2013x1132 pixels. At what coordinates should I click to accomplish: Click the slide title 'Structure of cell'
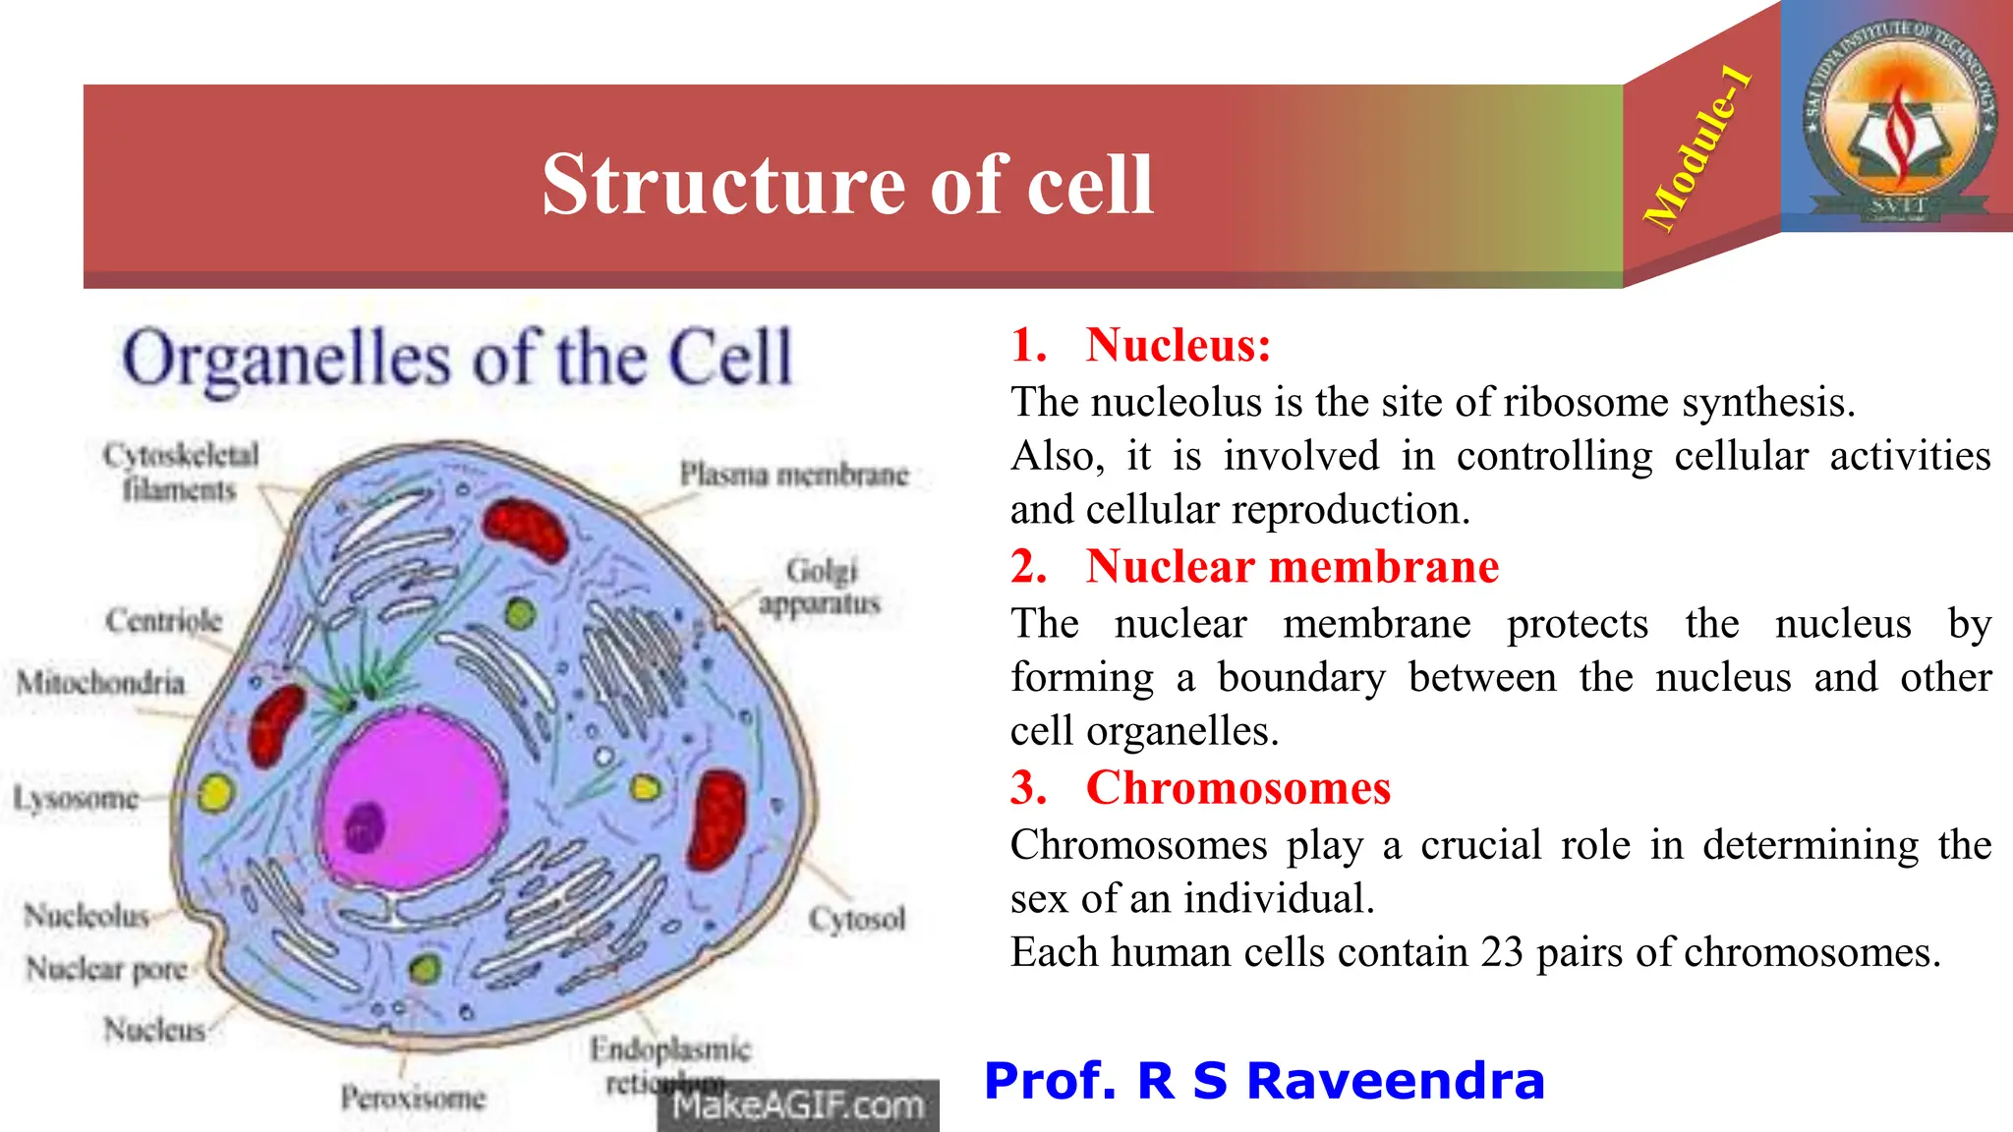coord(847,185)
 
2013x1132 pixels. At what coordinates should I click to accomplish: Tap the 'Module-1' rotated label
coord(1697,147)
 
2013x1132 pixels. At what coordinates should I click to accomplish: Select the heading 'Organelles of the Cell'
coord(457,359)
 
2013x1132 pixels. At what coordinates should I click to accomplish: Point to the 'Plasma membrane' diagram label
coord(794,475)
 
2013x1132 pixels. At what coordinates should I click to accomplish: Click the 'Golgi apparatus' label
coord(821,587)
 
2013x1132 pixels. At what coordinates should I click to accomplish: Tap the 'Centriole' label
coord(164,621)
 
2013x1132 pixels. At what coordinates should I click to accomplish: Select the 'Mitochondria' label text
coord(101,682)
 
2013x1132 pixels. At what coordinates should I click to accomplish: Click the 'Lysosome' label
coord(77,798)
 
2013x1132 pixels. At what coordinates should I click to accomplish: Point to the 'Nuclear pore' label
coord(106,970)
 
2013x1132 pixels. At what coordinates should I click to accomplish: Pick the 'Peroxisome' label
coord(413,1098)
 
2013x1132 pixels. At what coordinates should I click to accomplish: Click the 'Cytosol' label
coord(857,920)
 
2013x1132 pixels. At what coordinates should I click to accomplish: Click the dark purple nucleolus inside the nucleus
coord(365,826)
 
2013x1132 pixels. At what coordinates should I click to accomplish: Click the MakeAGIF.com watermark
coord(798,1106)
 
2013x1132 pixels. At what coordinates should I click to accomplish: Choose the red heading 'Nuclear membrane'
coord(1292,567)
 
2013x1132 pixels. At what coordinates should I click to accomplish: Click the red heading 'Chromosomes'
coord(1237,788)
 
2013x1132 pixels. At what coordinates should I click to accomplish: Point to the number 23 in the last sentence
coord(1501,952)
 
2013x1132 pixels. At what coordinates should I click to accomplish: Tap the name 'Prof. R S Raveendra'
coord(1264,1081)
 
